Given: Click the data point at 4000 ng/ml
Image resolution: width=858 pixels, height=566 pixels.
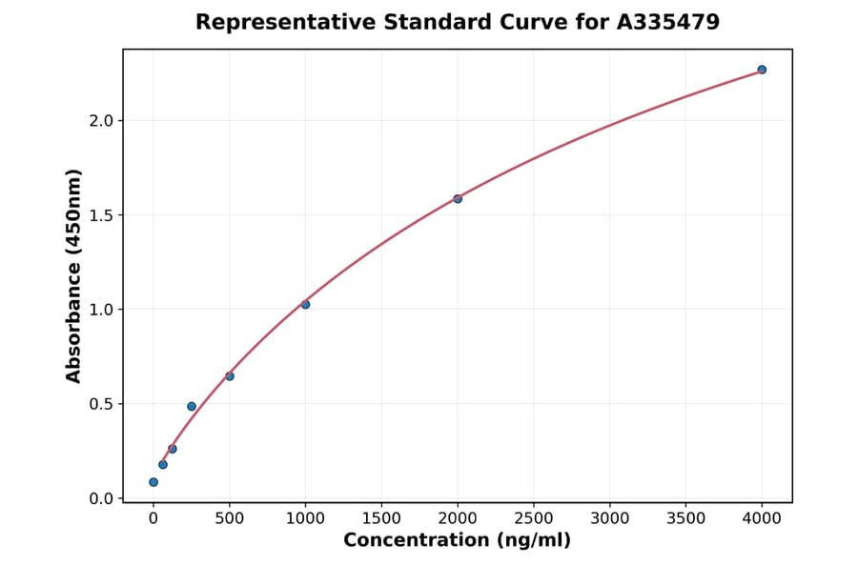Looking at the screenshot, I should coord(762,70).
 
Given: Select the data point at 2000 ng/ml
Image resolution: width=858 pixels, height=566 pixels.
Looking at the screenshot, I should coord(458,198).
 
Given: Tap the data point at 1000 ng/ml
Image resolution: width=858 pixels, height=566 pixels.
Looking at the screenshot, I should coord(305,304).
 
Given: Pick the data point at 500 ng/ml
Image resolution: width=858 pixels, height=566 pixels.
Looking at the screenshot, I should coord(230,376).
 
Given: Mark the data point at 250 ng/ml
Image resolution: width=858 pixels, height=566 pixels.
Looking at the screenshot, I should coord(192,406).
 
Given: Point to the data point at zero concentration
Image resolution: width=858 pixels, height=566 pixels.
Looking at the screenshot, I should coord(153,482).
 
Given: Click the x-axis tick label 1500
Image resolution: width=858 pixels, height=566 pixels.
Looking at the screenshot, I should coord(381,517).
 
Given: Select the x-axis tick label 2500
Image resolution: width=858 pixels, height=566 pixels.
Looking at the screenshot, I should coord(534,517).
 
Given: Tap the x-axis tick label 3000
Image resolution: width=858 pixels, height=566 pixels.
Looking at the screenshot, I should coord(610,517).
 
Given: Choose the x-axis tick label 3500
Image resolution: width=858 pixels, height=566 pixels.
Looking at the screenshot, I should coord(685,517).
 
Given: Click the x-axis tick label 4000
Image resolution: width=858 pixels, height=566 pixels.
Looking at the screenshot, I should coord(762,517).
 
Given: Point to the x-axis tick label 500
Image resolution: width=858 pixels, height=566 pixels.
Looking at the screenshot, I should coord(230,517).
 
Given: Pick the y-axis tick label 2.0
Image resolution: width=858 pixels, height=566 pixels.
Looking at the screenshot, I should coord(102,121).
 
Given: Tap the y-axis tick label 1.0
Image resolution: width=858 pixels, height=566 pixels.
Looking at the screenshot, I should coord(102,310).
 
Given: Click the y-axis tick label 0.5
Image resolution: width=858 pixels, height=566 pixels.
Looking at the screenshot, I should coord(102,404).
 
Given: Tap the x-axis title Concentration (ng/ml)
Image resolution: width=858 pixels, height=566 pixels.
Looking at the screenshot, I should coord(457,540).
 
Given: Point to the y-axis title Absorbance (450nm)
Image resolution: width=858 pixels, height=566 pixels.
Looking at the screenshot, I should coord(74,275).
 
